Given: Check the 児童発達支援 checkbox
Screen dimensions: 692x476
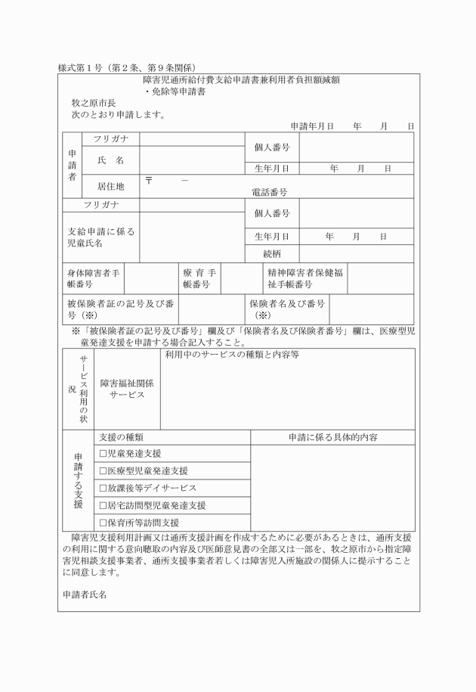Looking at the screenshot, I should (x=104, y=453).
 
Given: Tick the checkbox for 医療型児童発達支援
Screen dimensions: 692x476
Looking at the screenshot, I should (x=104, y=470).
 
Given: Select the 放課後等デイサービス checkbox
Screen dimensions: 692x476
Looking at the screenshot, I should (x=104, y=488).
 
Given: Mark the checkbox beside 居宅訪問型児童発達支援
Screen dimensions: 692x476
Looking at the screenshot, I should (x=104, y=505).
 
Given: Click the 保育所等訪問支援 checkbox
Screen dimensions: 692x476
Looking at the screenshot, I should (x=104, y=523).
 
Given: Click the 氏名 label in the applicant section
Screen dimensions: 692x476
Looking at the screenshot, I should (x=110, y=160).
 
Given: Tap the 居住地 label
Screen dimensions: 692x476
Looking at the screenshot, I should (x=110, y=185).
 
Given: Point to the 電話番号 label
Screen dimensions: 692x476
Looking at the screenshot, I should (x=269, y=193).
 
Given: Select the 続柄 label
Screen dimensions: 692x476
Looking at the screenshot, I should (x=272, y=253).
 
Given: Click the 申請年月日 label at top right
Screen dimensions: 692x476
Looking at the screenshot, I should (x=311, y=126).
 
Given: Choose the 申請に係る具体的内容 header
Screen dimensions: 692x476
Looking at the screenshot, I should (x=332, y=437).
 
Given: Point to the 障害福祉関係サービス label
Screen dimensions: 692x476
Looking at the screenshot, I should (x=127, y=389).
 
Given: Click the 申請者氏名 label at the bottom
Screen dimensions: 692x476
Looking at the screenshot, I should (x=85, y=594).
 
